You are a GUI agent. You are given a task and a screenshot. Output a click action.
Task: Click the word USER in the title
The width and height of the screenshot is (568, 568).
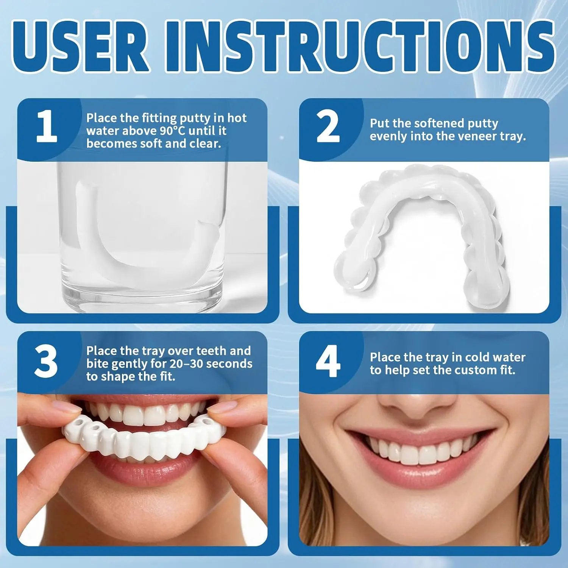point(81,46)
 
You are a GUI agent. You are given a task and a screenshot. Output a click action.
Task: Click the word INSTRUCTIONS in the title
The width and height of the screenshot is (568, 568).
point(360,46)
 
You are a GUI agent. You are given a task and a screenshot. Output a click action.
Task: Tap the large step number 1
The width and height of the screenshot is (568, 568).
point(47,126)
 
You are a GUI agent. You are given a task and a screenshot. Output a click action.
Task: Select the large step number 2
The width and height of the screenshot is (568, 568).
point(328,126)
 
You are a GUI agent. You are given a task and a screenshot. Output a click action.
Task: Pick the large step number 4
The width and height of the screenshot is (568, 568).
point(328,361)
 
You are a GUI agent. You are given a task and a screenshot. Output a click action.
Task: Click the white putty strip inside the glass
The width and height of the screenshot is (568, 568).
point(144,242)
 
